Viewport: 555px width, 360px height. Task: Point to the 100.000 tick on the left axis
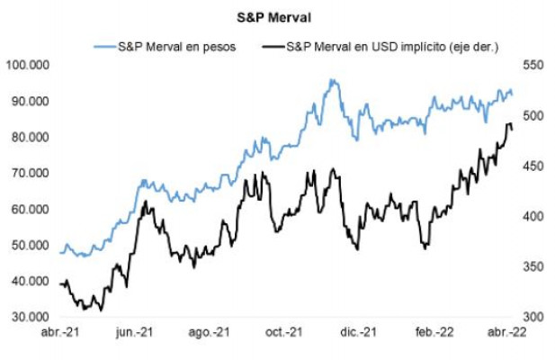[27, 65]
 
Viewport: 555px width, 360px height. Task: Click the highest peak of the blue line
[334, 80]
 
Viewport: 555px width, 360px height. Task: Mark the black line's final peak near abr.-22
[509, 123]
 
